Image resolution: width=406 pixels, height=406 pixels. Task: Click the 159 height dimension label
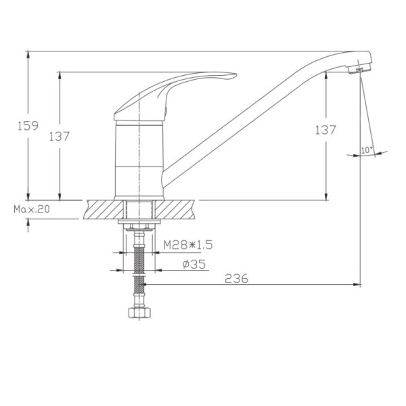point(28,126)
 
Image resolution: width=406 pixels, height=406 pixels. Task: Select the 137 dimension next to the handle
point(60,137)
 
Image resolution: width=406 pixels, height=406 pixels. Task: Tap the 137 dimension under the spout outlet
point(325,130)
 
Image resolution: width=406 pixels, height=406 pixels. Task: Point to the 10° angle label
point(367,150)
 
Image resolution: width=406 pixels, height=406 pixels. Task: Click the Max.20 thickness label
point(32,209)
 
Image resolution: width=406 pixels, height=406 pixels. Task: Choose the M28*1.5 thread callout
point(188,244)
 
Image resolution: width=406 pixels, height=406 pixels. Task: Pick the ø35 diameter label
point(194,265)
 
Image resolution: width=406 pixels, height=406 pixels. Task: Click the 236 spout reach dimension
point(236,279)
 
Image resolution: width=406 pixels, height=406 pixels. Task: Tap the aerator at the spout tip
point(359,69)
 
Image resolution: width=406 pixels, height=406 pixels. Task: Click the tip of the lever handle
point(236,74)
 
